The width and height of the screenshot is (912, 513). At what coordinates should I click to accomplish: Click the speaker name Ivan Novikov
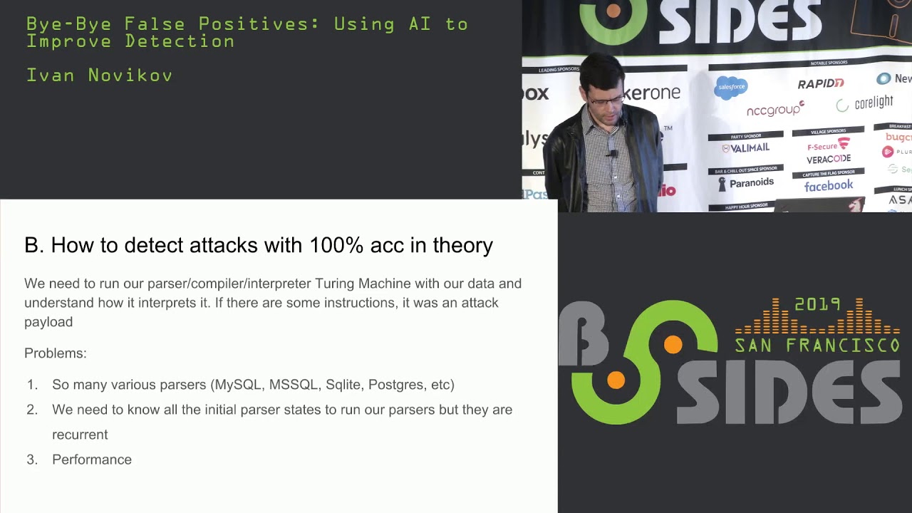coord(99,76)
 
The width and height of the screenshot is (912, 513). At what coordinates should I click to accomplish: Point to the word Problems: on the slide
coord(56,353)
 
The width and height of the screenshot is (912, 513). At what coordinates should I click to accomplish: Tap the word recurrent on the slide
coord(80,435)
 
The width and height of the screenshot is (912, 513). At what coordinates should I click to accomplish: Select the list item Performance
coord(92,460)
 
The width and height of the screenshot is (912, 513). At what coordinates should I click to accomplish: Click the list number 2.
coord(32,410)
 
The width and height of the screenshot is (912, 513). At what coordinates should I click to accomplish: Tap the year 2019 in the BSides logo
coord(818,305)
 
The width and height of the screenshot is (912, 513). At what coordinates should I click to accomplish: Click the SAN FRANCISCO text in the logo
coord(817,346)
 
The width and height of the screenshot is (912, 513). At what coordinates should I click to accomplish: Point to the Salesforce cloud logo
coord(731,88)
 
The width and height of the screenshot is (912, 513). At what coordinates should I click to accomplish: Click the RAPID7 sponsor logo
coord(821,84)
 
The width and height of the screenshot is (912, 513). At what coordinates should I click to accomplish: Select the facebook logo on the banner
coord(828,186)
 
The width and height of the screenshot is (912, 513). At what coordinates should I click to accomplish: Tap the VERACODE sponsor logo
coord(829,159)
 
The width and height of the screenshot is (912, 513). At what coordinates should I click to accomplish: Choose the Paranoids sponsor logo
coord(746,183)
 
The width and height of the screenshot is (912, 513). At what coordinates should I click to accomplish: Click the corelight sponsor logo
coord(865,104)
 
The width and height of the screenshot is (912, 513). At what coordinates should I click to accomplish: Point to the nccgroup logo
coord(775,110)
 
